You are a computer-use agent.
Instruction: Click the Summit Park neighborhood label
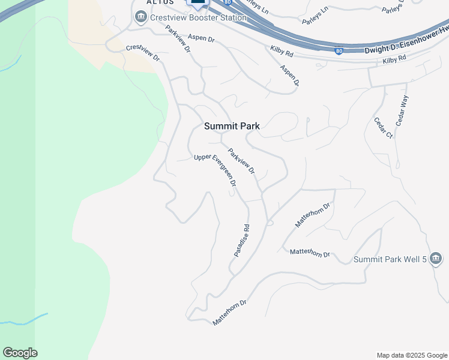[232, 126]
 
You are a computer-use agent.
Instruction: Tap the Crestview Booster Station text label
[198, 17]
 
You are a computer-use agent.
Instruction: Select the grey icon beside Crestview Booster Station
[142, 17]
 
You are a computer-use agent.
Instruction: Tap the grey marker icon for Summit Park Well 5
[436, 259]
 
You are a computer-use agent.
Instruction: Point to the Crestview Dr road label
[142, 53]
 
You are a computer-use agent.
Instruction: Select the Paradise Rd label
[241, 241]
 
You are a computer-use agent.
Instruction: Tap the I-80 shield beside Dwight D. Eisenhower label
[339, 52]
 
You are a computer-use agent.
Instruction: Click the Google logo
[20, 353]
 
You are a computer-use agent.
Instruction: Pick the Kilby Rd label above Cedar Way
[394, 59]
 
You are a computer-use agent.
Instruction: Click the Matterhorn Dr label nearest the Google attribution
[230, 313]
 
